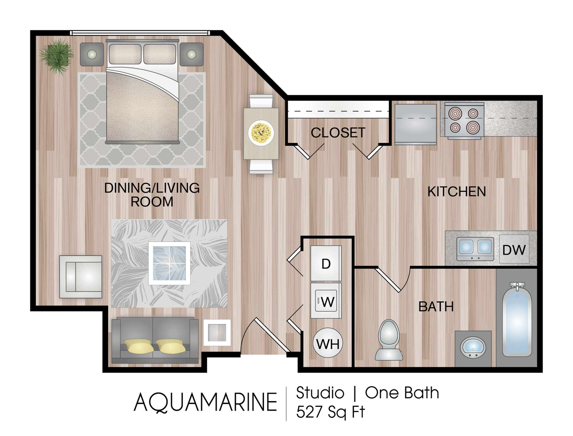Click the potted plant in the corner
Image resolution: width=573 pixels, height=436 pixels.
[57, 57]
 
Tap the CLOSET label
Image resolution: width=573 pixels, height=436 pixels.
[338, 133]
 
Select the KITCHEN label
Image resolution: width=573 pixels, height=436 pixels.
[457, 192]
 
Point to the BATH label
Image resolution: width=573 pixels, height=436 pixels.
[436, 307]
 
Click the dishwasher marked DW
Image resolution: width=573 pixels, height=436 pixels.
[514, 249]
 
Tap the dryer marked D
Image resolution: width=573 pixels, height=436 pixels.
[326, 264]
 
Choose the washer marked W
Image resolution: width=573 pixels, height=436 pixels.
[326, 301]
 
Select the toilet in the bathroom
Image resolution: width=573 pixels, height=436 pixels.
[389, 340]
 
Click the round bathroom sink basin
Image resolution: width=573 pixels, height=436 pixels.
[473, 348]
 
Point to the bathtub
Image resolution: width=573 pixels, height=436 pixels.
[517, 320]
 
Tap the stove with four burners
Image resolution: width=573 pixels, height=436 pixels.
[464, 121]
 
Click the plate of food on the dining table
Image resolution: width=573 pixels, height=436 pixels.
[261, 133]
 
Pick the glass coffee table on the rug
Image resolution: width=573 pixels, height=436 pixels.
[169, 263]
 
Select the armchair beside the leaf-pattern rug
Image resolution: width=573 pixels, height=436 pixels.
[81, 277]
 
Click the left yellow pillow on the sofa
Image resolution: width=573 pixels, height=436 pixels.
[139, 346]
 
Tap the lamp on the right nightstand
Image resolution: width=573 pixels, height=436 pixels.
[191, 54]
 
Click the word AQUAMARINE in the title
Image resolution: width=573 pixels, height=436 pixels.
[205, 403]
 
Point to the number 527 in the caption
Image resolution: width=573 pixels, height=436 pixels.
[309, 412]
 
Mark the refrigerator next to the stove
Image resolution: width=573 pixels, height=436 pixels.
[416, 124]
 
